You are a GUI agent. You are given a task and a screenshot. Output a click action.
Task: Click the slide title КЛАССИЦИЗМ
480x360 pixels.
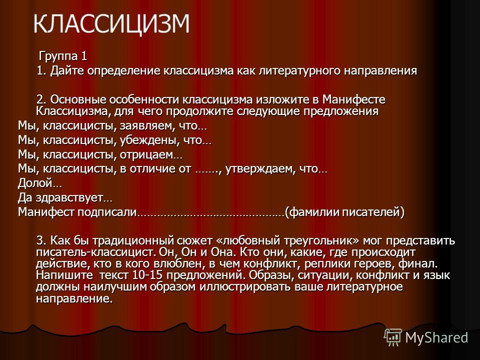point(111,23)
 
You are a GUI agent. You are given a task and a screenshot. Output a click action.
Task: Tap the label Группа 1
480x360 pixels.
point(63,56)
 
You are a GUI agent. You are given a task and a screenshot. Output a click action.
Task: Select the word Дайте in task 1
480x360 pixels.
point(67,70)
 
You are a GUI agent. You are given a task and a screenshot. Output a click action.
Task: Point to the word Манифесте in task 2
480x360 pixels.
point(354,99)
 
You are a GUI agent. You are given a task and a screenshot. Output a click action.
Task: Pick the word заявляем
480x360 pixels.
point(146,126)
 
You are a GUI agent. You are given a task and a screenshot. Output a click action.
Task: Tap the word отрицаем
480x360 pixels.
point(146,154)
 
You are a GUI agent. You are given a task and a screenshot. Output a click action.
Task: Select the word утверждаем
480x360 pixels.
point(261,169)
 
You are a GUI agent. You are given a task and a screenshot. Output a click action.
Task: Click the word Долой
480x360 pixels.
point(35,183)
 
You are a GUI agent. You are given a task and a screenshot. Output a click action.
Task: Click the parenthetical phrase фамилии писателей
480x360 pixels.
point(344,212)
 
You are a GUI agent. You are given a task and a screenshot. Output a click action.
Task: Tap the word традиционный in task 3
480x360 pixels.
point(133,240)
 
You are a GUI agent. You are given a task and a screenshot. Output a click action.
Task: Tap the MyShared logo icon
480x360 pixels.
point(393,337)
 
